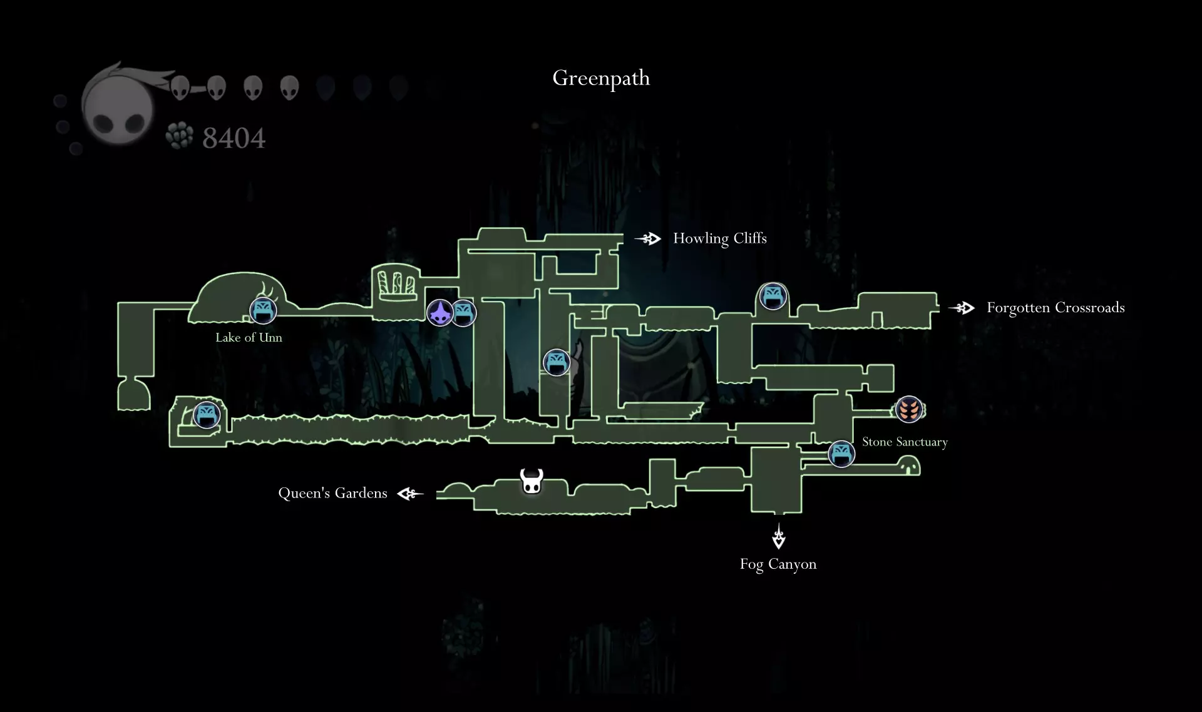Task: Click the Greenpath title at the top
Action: [601, 78]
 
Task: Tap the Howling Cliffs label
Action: [720, 238]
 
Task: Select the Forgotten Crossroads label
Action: [1056, 308]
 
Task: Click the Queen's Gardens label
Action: [332, 493]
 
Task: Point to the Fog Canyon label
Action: [778, 564]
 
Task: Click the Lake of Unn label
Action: [249, 337]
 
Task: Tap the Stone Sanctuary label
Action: [905, 442]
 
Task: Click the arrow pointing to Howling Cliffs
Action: [648, 238]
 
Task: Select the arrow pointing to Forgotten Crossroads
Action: [962, 308]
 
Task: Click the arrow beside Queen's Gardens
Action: [410, 494]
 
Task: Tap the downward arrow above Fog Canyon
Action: [779, 536]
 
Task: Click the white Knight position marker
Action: [532, 481]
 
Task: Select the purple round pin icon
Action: [440, 312]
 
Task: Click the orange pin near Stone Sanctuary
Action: [908, 410]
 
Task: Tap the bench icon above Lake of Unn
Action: [263, 310]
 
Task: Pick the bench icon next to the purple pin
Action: [463, 313]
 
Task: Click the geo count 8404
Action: [234, 138]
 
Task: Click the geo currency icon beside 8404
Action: [180, 136]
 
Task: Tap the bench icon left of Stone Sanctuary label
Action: [841, 454]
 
